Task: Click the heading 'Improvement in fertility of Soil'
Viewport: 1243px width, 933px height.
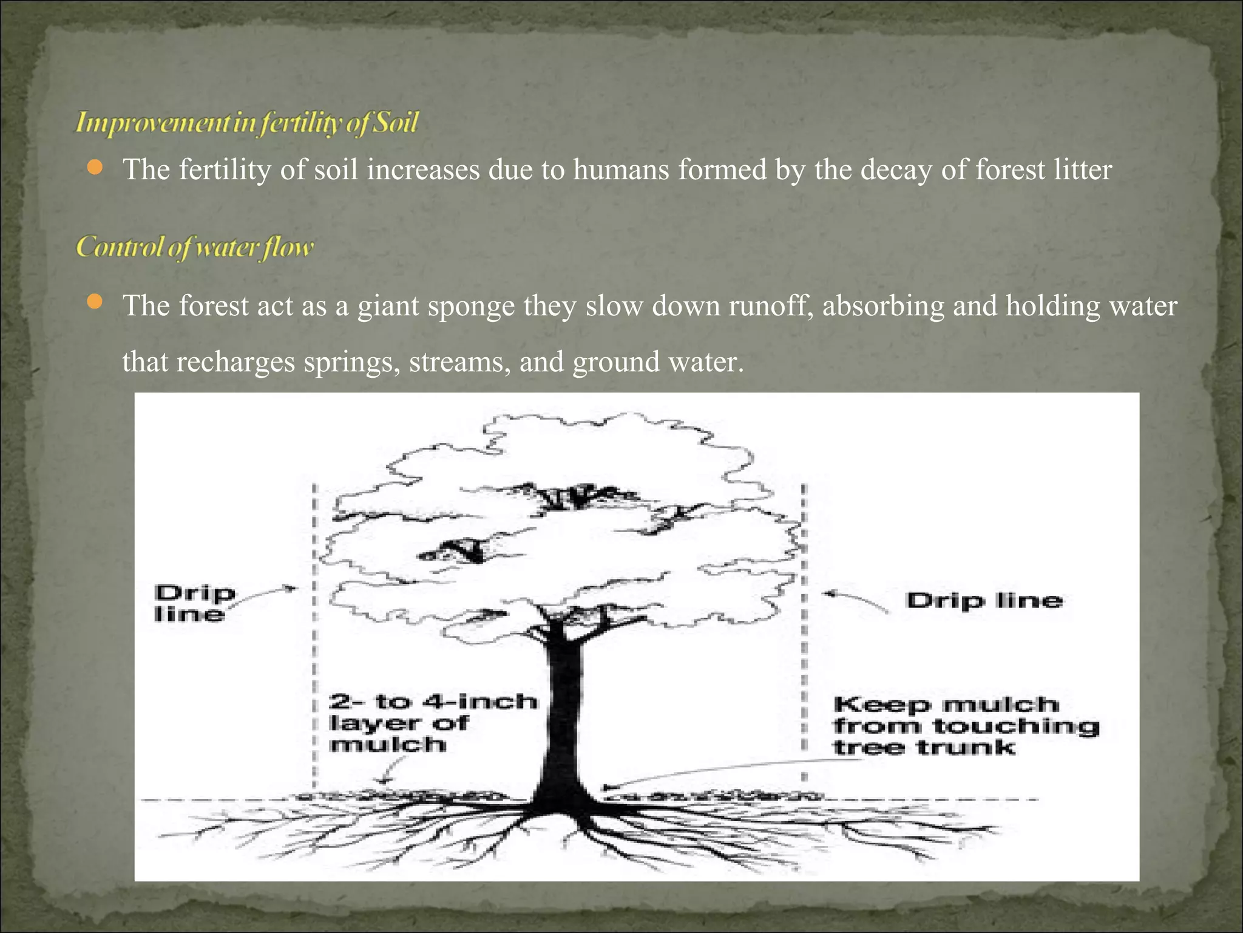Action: tap(246, 123)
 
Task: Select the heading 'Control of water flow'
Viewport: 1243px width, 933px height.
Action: tap(195, 247)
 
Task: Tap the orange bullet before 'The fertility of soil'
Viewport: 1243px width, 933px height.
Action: tap(95, 168)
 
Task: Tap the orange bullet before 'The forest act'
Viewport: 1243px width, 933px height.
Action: tap(95, 302)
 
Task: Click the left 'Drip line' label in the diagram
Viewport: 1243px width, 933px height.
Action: tap(194, 603)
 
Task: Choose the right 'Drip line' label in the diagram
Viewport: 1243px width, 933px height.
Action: tap(984, 601)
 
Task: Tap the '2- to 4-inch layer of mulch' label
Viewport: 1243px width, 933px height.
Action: tap(432, 723)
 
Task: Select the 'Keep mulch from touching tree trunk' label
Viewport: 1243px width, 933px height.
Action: tap(965, 726)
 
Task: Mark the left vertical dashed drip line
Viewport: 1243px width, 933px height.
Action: tap(314, 638)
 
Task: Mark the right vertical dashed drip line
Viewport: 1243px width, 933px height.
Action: tap(804, 638)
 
